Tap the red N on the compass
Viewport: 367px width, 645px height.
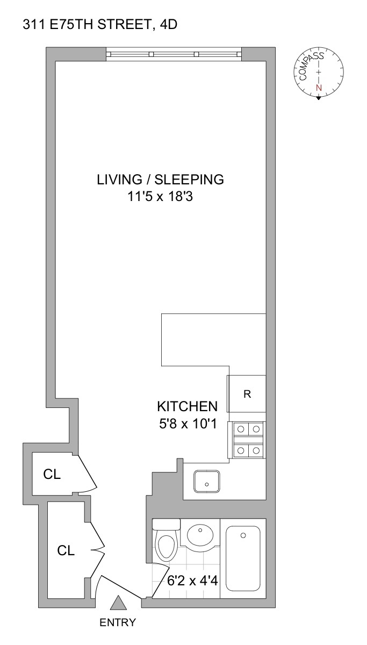pos(319,88)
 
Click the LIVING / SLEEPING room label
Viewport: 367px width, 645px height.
pos(160,179)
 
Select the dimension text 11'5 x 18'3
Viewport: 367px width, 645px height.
pos(160,197)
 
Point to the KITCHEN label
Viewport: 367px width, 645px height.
pos(187,406)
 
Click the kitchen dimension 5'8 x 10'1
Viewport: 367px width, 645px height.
pos(187,424)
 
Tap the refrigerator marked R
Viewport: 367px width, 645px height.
pos(247,394)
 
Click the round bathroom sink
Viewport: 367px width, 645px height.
pos(200,535)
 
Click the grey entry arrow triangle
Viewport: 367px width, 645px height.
pos(118,604)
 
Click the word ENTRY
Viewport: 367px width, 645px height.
pos(118,623)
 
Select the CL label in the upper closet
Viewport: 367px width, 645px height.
pos(52,475)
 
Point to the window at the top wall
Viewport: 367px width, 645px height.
pos(173,54)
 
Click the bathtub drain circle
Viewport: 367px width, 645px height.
pos(243,535)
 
